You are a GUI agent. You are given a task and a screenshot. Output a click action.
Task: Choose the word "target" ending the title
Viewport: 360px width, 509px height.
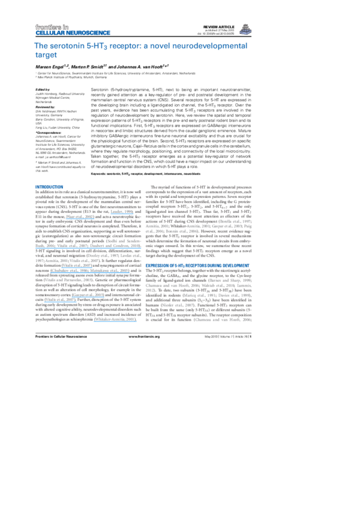(x=47, y=55)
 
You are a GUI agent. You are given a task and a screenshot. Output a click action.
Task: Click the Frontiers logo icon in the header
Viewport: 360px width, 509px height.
(x=245, y=30)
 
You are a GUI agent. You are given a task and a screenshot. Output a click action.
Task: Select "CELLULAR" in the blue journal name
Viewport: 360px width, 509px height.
(x=46, y=32)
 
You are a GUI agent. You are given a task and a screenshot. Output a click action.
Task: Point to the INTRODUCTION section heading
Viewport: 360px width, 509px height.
(x=49, y=187)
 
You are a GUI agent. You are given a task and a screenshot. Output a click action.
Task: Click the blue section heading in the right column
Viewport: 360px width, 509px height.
(x=197, y=264)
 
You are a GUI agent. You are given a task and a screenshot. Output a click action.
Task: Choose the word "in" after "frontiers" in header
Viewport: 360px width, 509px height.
(x=66, y=26)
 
